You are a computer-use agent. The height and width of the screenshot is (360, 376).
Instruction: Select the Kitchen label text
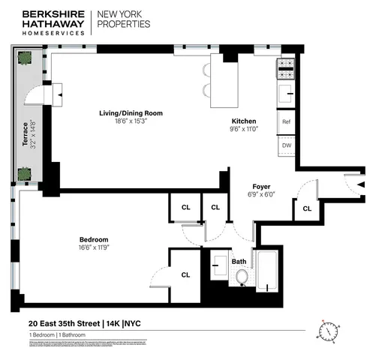coord(244,121)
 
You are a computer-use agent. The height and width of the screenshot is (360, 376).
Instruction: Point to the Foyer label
coord(261,186)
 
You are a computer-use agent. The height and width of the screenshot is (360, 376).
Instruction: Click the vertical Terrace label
coord(25,133)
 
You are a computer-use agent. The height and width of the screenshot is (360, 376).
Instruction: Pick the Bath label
coord(239,262)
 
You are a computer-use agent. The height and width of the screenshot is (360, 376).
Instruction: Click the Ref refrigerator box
coord(286,121)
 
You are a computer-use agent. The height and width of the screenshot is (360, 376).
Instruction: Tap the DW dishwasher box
coord(286,145)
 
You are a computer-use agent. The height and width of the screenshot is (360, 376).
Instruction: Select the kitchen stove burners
coord(286,68)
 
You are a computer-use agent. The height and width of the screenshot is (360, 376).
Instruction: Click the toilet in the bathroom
coord(242,277)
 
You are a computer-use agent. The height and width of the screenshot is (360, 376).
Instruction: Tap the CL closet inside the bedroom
coord(185,274)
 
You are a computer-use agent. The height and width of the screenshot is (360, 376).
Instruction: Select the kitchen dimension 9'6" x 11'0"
coord(244,129)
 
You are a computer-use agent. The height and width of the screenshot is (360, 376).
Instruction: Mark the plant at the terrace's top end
coord(25,57)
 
